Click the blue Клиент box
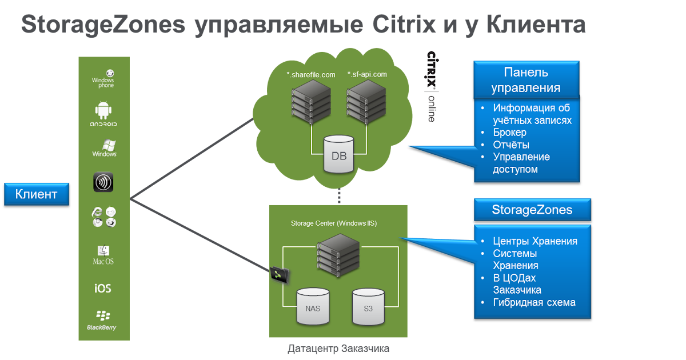click(x=36, y=194)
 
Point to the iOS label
click(x=103, y=288)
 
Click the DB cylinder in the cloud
click(x=339, y=154)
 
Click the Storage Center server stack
click(x=339, y=256)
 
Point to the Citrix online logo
click(x=432, y=86)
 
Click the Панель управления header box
click(x=526, y=80)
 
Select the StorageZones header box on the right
click(x=532, y=210)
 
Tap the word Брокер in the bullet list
click(x=509, y=133)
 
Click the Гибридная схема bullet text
click(x=534, y=302)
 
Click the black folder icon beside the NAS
click(x=280, y=275)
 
